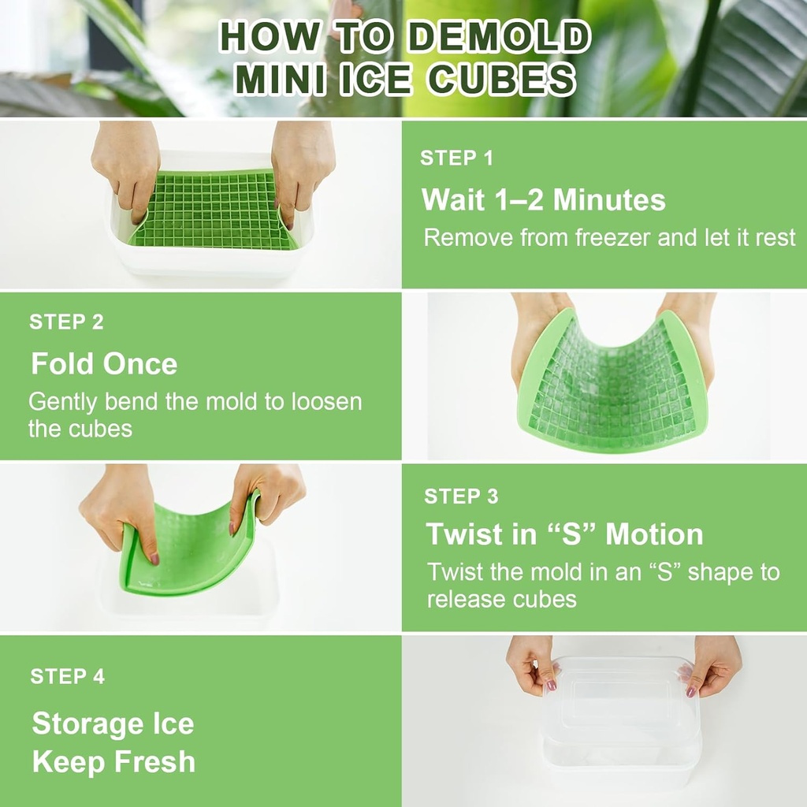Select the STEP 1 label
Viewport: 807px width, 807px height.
click(456, 158)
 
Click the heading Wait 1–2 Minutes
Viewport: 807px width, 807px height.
click(543, 199)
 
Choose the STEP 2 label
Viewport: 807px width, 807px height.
click(66, 322)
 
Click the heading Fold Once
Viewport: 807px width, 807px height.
click(103, 363)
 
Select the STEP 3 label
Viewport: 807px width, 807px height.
click(461, 496)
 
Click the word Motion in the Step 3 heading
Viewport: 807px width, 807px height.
click(653, 534)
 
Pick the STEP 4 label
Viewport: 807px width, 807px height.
click(67, 676)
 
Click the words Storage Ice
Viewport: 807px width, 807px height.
click(113, 723)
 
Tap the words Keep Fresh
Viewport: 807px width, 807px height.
click(113, 762)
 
